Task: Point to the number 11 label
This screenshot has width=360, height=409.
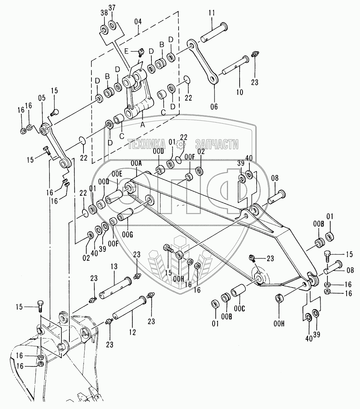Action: (212, 13)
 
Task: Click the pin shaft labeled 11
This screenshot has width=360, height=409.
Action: (215, 31)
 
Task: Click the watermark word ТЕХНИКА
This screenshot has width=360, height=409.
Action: (146, 144)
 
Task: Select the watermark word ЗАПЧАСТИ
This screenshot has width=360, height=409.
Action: (217, 144)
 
